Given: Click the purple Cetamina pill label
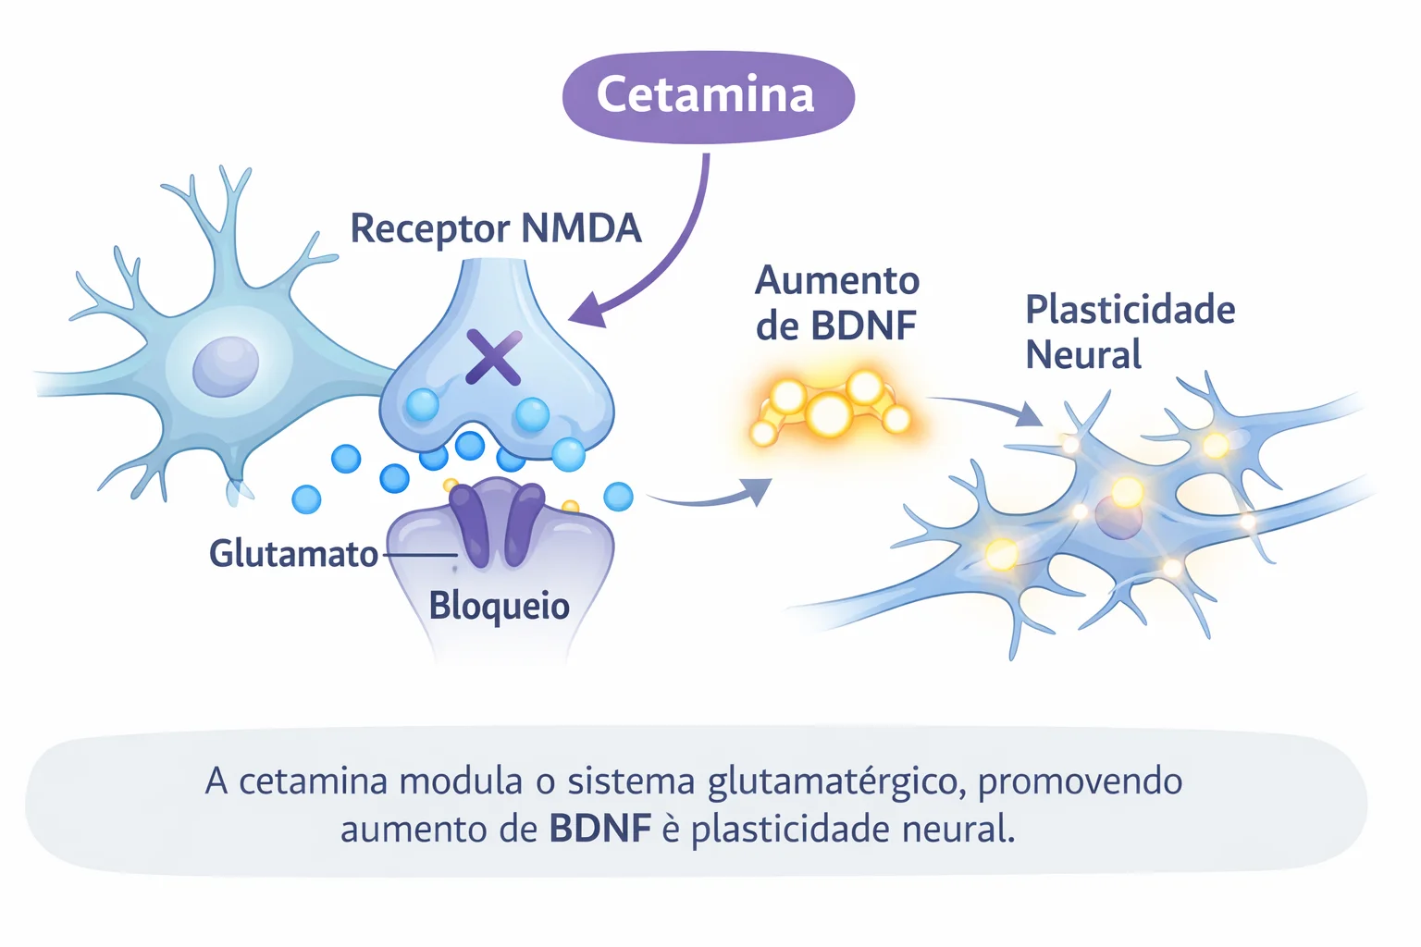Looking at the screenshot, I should [708, 96].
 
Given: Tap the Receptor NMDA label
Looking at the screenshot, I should [495, 228].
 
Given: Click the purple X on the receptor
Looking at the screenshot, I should [493, 357].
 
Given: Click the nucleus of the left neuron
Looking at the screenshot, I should [225, 366].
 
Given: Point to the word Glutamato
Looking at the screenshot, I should [293, 554].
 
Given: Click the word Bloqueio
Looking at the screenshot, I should [499, 606].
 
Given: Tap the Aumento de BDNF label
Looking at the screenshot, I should [836, 302].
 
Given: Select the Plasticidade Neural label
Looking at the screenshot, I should [1129, 331].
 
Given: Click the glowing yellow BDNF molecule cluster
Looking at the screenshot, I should [829, 412].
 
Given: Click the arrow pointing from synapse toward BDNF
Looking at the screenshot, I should [712, 498].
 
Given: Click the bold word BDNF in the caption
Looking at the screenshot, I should [599, 829].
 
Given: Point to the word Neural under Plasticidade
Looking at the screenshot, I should [1082, 355].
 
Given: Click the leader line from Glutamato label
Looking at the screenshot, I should [418, 555].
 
